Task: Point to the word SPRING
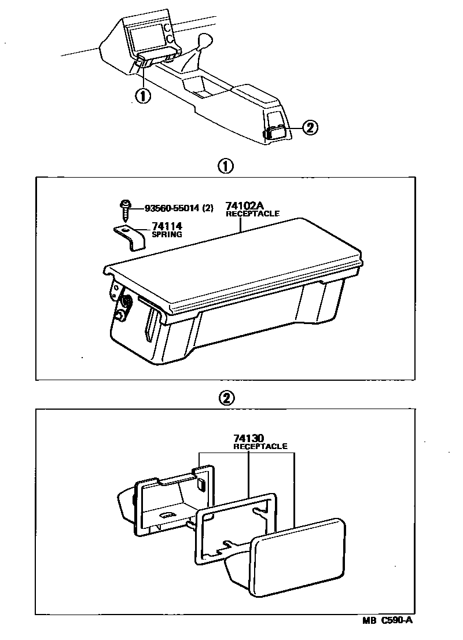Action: click(167, 235)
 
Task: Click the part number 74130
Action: click(249, 439)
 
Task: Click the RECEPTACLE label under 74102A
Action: click(252, 214)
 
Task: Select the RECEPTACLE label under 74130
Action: click(260, 447)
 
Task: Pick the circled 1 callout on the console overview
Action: click(142, 95)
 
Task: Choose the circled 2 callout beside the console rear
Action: click(310, 128)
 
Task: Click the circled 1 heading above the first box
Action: click(225, 167)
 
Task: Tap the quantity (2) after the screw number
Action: click(208, 207)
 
